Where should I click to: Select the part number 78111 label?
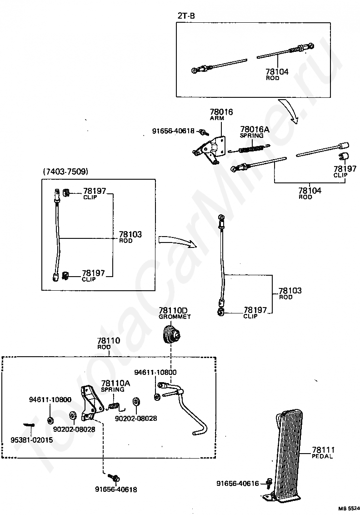[x=323, y=449]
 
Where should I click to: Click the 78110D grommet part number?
[x=173, y=310]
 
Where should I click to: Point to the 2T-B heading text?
[x=186, y=15]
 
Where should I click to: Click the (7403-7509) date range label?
[x=65, y=172]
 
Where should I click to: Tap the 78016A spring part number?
[x=255, y=129]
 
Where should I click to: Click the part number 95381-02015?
[x=31, y=440]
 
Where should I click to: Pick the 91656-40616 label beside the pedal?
[x=238, y=484]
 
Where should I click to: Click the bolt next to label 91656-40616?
[x=267, y=483]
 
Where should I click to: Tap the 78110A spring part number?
[x=115, y=383]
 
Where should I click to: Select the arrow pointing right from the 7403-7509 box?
[x=177, y=241]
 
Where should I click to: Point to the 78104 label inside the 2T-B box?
[x=277, y=71]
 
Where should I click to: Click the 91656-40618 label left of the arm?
[x=173, y=131]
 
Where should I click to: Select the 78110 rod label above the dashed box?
[x=109, y=341]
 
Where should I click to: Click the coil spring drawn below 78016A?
[x=250, y=149]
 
